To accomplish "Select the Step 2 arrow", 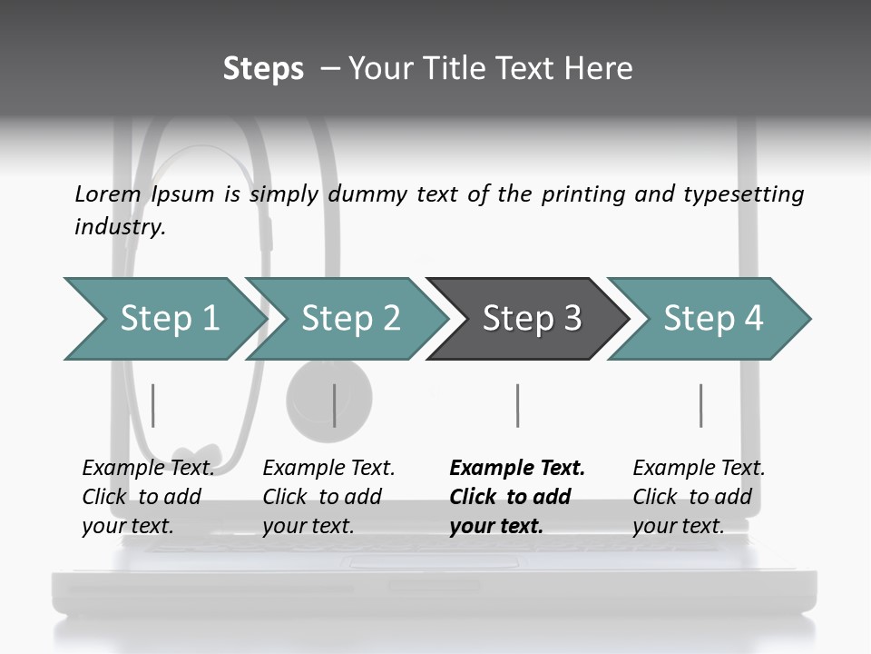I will (349, 319).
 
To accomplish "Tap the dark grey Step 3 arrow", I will (530, 319).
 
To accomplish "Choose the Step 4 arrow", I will (711, 319).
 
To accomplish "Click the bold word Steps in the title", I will (263, 69).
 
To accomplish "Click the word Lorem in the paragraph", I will (108, 193).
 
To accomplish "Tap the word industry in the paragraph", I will (120, 226).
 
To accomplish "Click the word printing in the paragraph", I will (583, 193).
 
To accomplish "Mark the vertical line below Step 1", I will (153, 405).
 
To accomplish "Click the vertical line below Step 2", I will (335, 405).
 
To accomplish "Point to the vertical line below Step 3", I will (518, 405).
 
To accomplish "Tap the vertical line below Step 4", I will (701, 405).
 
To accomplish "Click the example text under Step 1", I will (148, 497).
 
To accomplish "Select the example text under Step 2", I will (328, 497).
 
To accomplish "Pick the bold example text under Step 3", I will (517, 497).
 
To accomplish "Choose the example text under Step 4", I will (699, 497).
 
